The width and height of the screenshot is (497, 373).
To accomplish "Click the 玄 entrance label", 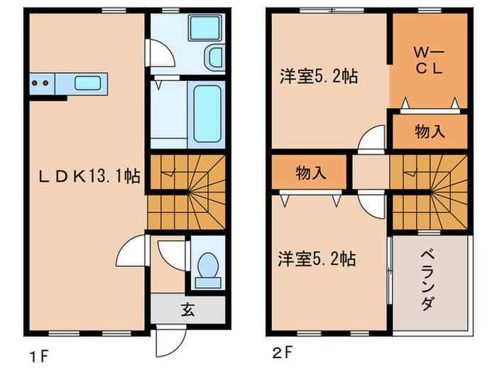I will coord(187,310).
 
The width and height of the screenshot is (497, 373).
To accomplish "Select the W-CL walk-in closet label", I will coord(430,61).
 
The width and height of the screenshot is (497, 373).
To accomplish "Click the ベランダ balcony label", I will coord(428,280).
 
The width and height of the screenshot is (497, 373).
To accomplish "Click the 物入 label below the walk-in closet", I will coord(429,133).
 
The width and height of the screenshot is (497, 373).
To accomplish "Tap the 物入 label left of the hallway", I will coord(310,172).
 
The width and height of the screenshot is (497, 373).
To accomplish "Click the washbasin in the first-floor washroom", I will coord(214,58).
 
